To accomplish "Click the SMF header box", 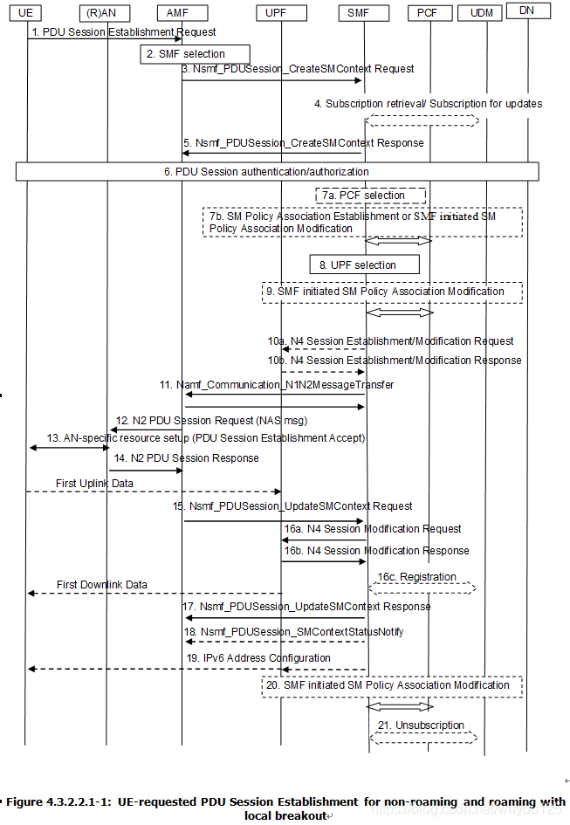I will [x=358, y=12].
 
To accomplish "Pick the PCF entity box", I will [x=428, y=12].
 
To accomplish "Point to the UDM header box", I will [x=482, y=12].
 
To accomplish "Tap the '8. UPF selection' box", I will [x=364, y=265].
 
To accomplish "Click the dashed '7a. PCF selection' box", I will [x=372, y=196].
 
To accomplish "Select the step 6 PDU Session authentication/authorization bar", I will [x=277, y=172].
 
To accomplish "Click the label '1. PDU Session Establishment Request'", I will [x=123, y=31].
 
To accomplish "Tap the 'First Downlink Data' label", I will [x=102, y=585].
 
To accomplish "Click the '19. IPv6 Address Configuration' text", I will [x=258, y=658].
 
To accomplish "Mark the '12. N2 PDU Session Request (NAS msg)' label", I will [x=212, y=421].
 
